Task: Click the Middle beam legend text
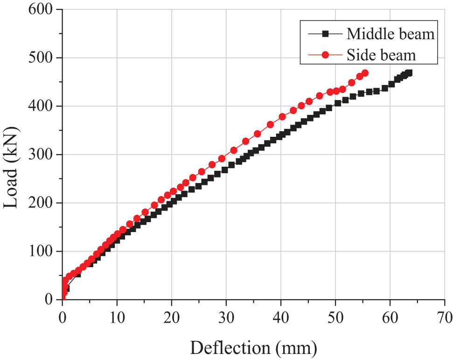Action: pyautogui.click(x=390, y=34)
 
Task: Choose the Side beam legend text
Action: pyautogui.click(x=381, y=55)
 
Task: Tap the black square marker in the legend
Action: pyautogui.click(x=326, y=34)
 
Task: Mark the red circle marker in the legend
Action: pyautogui.click(x=326, y=55)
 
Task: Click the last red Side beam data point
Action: pyautogui.click(x=365, y=73)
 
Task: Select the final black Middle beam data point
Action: pyautogui.click(x=409, y=73)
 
